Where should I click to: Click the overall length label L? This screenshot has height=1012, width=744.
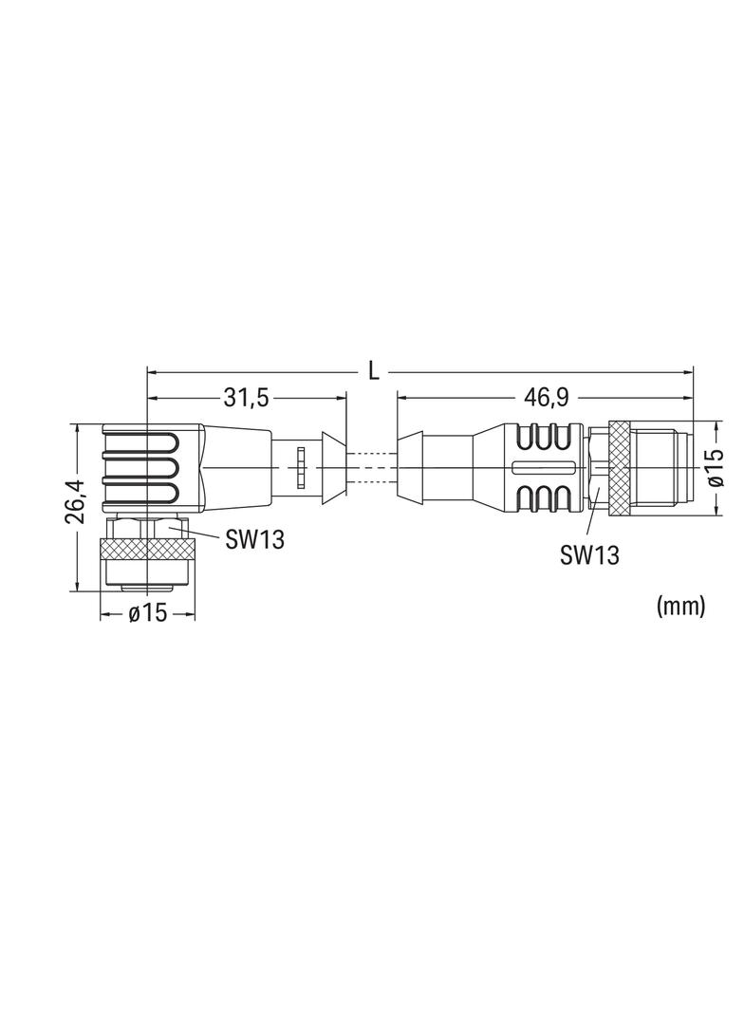click(373, 371)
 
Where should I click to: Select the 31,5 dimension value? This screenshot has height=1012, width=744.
click(246, 399)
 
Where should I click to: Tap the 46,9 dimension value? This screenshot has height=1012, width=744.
click(546, 399)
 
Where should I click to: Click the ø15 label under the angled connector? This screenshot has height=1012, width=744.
click(147, 613)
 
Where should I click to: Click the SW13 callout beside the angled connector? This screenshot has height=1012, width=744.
click(255, 539)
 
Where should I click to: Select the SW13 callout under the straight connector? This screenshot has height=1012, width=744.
click(589, 555)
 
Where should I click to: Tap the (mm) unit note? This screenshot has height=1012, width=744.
click(680, 606)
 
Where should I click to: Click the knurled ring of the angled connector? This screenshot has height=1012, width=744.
click(147, 550)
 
